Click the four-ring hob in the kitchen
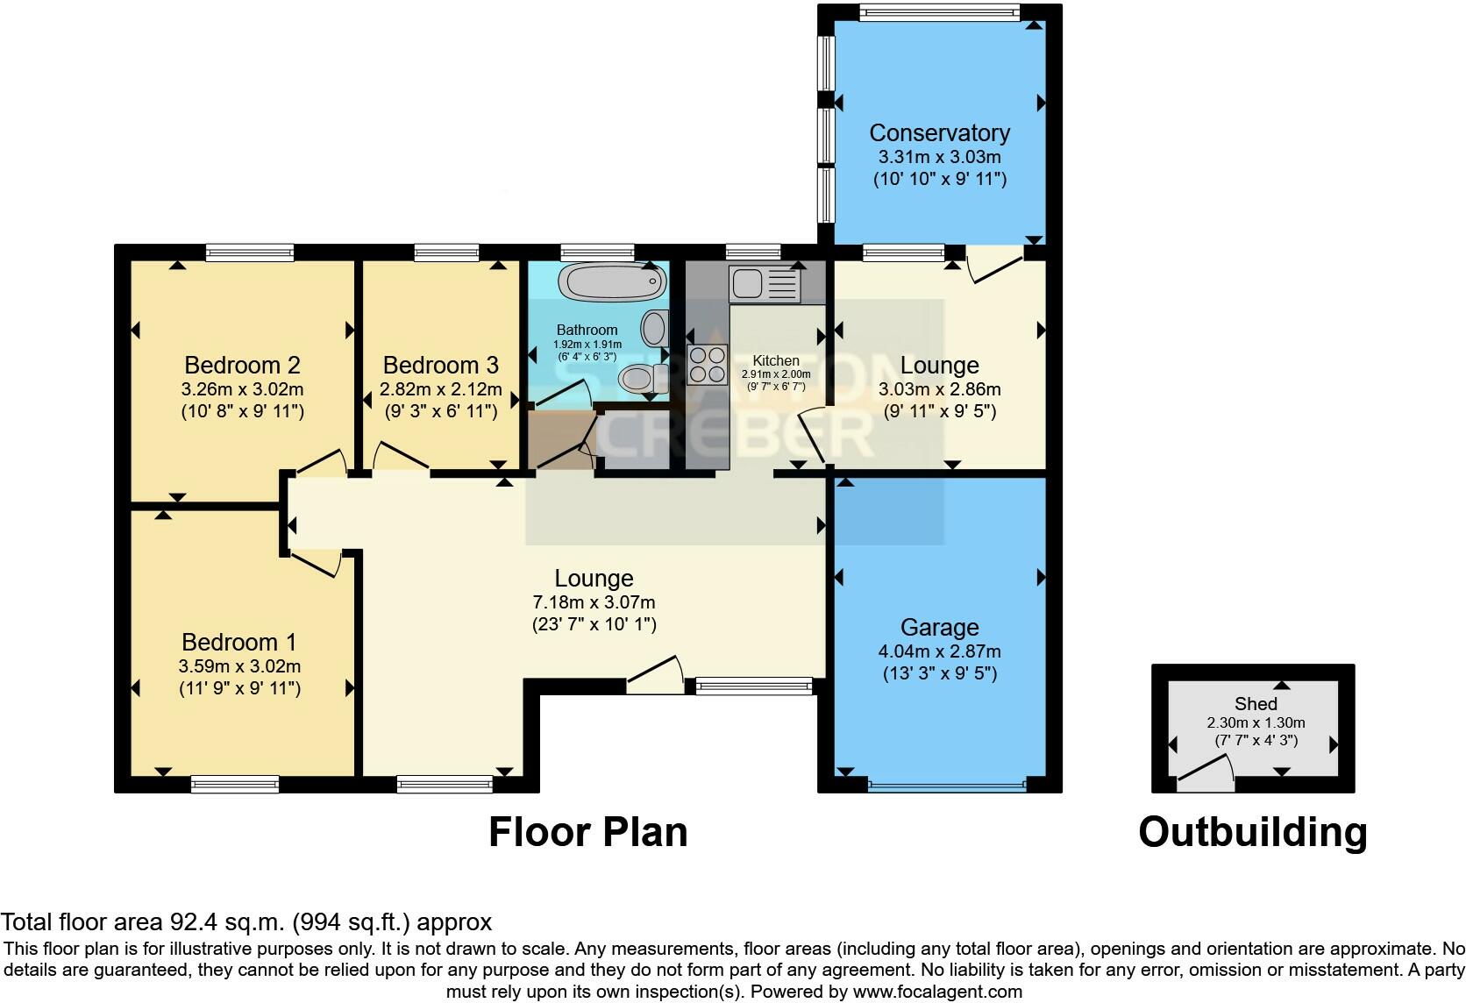707,365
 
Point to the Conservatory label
939,133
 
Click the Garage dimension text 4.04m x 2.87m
939,651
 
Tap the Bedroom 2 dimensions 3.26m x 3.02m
243,388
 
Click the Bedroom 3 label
440,365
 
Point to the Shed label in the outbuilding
1255,703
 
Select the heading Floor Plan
587,831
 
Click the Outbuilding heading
1252,831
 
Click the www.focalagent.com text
936,992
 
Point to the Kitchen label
776,360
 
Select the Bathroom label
587,331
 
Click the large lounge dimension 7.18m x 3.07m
594,602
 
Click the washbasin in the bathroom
653,329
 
